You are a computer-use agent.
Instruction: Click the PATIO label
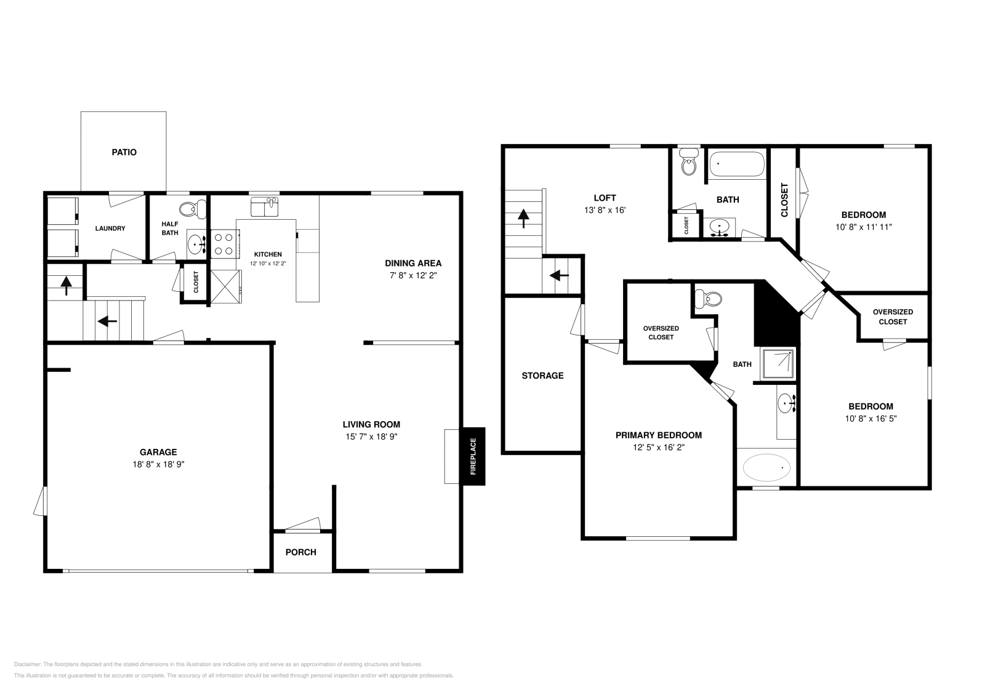coord(124,152)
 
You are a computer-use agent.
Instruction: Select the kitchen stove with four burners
coord(224,244)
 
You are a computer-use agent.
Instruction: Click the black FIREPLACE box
coord(473,456)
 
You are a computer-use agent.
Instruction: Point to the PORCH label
coord(301,552)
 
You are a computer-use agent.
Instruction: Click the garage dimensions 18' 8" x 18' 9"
coord(158,464)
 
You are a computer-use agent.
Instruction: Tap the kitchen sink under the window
coord(264,207)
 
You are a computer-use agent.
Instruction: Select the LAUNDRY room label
coord(110,228)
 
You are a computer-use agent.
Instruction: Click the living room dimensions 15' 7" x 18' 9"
coord(371,436)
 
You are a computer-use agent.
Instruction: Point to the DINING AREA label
coord(413,263)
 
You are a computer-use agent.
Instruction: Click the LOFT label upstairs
coord(605,198)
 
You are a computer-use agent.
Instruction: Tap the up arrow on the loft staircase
coord(523,219)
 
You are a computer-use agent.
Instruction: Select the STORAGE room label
coord(542,375)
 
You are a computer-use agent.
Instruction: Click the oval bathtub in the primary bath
coord(766,467)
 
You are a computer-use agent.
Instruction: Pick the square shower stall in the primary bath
coord(778,364)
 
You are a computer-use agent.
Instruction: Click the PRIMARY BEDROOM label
coord(658,435)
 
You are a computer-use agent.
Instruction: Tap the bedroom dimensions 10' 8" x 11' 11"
coord(864,227)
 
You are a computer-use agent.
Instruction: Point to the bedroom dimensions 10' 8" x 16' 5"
coord(870,418)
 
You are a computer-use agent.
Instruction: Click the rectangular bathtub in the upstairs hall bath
coord(737,164)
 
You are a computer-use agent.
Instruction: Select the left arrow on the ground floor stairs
coord(107,321)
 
